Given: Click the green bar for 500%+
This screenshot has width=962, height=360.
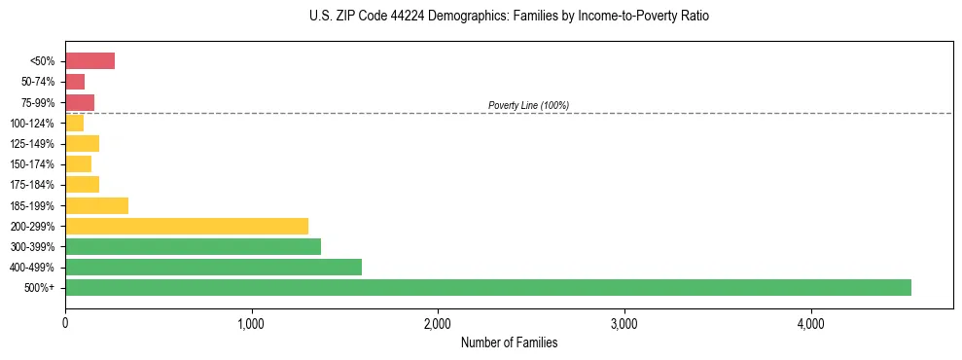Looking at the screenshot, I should (487, 287).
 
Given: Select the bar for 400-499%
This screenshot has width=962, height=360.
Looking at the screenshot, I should (213, 267).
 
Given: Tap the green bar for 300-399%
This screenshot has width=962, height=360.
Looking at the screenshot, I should (193, 246).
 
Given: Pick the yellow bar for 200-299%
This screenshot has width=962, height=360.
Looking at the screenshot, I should (187, 226).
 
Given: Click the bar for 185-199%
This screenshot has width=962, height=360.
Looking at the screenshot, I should (96, 205).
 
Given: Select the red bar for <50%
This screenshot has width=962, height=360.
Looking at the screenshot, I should (89, 61).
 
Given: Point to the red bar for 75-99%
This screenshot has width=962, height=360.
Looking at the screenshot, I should (80, 102).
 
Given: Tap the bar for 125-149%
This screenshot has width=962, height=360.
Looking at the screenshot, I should (82, 144).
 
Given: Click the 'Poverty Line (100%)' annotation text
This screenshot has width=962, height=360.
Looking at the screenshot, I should (528, 105).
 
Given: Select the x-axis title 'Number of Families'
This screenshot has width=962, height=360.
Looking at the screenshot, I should (509, 342).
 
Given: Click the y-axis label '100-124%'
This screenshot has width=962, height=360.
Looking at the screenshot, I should (32, 124).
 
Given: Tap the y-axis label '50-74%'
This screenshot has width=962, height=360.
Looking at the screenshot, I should (38, 82).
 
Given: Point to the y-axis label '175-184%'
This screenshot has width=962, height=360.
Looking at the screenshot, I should (32, 185).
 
